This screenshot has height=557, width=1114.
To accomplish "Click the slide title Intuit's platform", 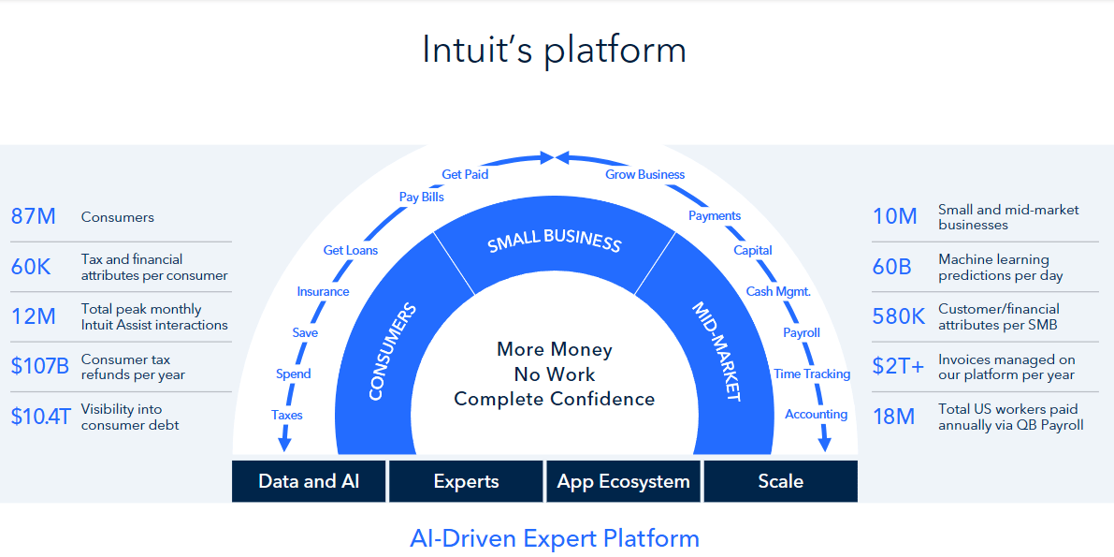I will pos(554,50).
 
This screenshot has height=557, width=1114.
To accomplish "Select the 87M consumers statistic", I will pos(34,217).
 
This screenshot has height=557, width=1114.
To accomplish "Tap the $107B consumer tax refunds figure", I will pos(40,366).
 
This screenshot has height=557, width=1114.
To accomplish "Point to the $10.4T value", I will pos(41,417).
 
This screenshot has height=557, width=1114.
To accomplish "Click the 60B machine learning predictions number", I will pos(891,267).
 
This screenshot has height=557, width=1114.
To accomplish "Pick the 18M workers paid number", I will pos(893,417).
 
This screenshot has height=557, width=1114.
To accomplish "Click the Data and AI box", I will pos(309,481).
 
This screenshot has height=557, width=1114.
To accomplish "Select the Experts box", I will pos(466,481).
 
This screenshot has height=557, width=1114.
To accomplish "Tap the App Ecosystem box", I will pos(623,481).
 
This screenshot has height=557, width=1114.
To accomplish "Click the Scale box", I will pos(780,481).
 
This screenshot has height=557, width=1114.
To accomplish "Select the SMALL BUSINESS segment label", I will pos(554,241).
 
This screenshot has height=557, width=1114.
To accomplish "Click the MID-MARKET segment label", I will pos(716,351).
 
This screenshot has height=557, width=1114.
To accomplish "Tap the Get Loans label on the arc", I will pos(351,250).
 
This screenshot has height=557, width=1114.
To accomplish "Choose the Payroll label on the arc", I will pos(802,332).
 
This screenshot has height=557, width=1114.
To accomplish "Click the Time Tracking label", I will pos(812,374).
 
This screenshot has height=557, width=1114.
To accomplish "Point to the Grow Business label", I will pos(644,174).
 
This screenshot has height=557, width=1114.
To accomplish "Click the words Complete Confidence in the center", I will pos(555,399).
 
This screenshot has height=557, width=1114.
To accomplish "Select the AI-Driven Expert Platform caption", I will pos(555,538).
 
